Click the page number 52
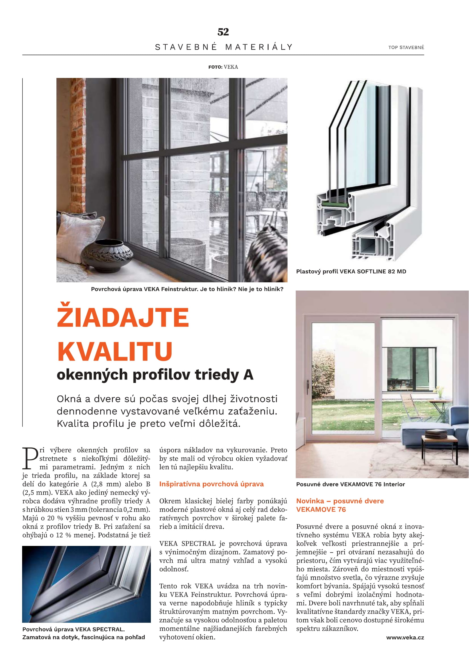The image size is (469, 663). [x=223, y=32]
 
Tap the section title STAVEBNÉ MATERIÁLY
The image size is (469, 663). [x=224, y=47]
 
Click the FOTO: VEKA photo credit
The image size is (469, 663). [x=223, y=67]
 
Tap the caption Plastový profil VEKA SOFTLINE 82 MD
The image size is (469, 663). [x=351, y=272]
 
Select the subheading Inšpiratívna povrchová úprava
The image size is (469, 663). [x=212, y=484]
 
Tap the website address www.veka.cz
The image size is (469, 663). [x=405, y=637]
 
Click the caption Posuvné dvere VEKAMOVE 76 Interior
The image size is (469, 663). [x=350, y=484]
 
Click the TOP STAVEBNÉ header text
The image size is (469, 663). [x=406, y=47]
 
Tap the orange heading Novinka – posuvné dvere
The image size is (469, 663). [x=340, y=501]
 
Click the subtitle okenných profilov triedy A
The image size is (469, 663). [x=155, y=375]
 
